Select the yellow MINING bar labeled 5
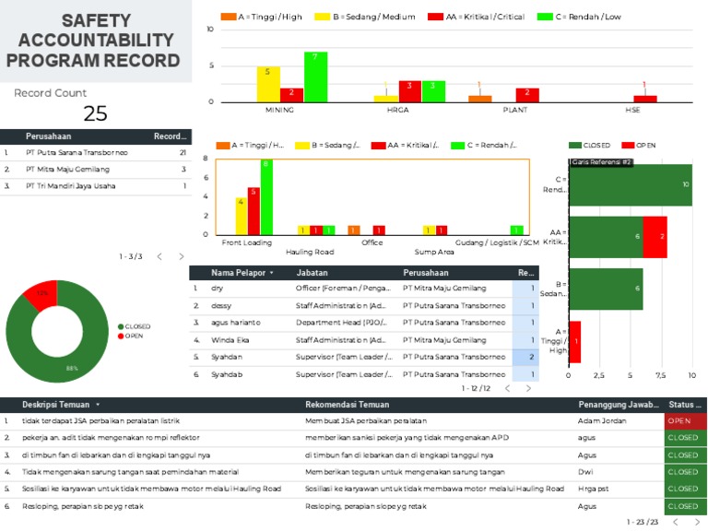[x=268, y=84]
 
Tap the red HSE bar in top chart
[x=645, y=98]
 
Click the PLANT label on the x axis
[x=515, y=110]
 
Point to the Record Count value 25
[x=95, y=113]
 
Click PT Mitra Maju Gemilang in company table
[x=64, y=170]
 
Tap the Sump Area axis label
[x=434, y=251]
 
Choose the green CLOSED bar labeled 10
[x=630, y=184]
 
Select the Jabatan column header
[x=312, y=273]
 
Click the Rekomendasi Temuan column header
[x=347, y=405]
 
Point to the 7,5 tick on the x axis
[x=661, y=375]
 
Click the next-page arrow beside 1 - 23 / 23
[x=698, y=522]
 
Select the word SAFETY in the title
[x=96, y=20]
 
